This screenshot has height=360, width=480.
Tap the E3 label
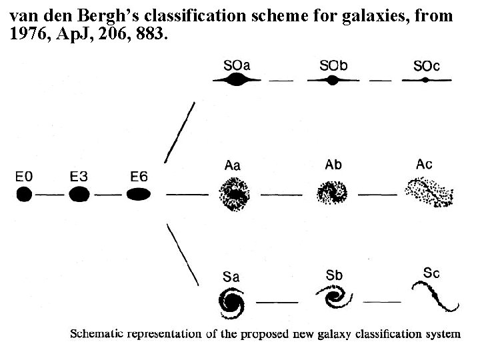79,177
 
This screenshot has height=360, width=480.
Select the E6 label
139,177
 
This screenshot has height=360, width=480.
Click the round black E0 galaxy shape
24,195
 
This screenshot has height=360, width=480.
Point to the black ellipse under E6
138,195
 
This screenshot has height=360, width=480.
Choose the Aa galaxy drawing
234,195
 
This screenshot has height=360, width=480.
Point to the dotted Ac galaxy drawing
430,194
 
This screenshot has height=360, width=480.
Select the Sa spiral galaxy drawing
234,303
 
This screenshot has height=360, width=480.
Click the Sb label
335,275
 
